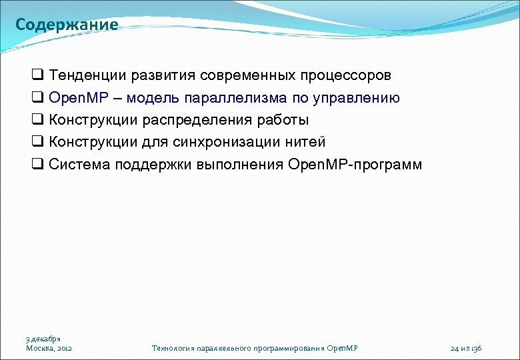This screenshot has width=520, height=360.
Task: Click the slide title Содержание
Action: pos(67,25)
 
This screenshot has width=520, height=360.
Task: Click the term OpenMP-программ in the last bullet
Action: pos(355,165)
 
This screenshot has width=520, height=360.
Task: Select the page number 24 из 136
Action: pos(466,348)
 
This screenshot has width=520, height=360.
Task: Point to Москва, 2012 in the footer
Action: pos(49,348)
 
